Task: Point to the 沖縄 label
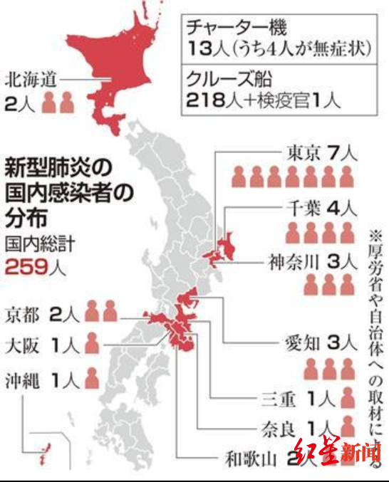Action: pos(22,377)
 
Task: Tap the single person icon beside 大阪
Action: pos(91,345)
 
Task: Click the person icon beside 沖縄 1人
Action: pos(91,377)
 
